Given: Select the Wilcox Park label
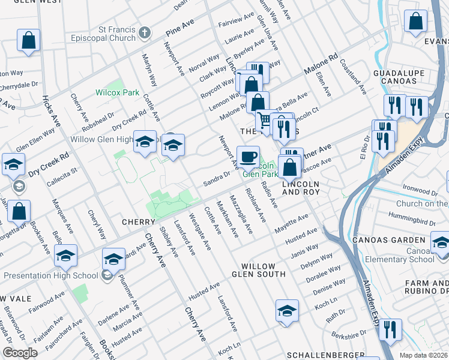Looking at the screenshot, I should pyautogui.click(x=117, y=93).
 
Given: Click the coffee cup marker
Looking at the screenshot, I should pyautogui.click(x=248, y=157).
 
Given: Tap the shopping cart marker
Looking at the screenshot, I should pyautogui.click(x=264, y=120).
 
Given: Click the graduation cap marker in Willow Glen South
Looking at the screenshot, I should pyautogui.click(x=288, y=311).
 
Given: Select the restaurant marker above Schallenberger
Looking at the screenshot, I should pyautogui.click(x=390, y=329).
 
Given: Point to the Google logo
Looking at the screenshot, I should pyautogui.click(x=20, y=353).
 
